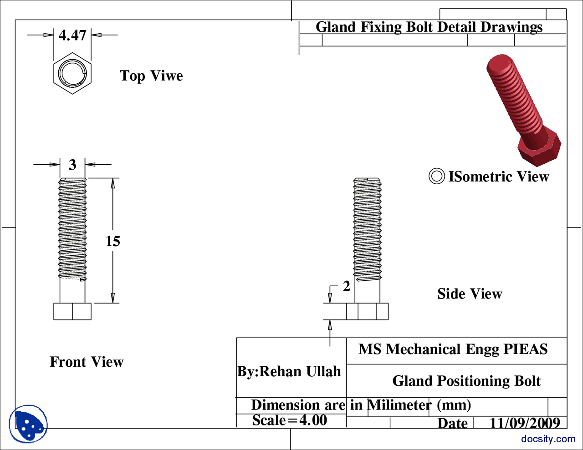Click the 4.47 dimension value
pos(72,35)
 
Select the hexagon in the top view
pos(72,73)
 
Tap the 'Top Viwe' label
pos(151,76)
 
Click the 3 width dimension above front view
pos(72,165)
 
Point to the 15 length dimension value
pos(113,241)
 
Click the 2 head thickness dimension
pos(346,286)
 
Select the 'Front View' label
pos(87,362)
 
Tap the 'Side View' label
pos(470,294)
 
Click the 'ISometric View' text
pos(499,177)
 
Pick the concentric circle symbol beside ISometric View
pos(436,176)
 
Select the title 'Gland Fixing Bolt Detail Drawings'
pos(429,27)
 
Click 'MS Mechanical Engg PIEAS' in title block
pos(453,349)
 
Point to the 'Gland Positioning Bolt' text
pos(466,380)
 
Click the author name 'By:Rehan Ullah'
pos(289,371)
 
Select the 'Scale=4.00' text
pos(290,420)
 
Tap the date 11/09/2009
pos(525,423)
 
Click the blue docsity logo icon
pos(28,424)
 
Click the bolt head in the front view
pos(72,311)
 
